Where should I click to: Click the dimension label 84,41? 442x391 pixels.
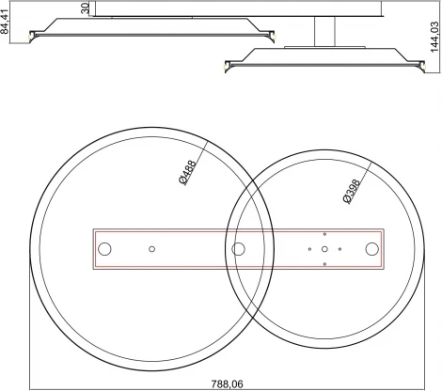pyautogui.click(x=5, y=22)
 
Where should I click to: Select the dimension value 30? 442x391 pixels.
pyautogui.click(x=86, y=8)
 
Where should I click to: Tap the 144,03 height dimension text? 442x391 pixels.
pyautogui.click(x=434, y=37)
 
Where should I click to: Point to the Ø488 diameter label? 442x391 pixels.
pyautogui.click(x=188, y=173)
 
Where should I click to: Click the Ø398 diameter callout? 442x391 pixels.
pyautogui.click(x=352, y=192)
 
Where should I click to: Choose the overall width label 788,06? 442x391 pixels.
pyautogui.click(x=228, y=383)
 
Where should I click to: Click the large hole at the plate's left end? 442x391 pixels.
pyautogui.click(x=104, y=249)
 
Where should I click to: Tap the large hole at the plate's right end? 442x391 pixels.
pyautogui.click(x=372, y=249)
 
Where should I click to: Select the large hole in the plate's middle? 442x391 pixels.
pyautogui.click(x=238, y=249)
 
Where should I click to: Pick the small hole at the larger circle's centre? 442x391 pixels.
pyautogui.click(x=152, y=249)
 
